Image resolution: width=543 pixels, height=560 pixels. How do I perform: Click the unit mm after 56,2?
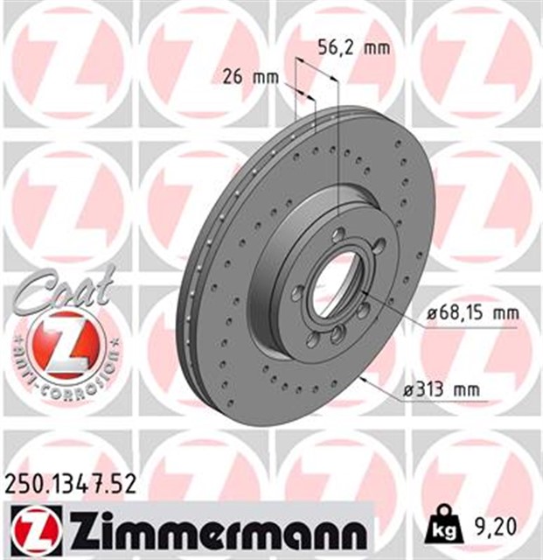pos(376,49)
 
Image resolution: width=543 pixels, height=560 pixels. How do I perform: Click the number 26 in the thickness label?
pos(233,77)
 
